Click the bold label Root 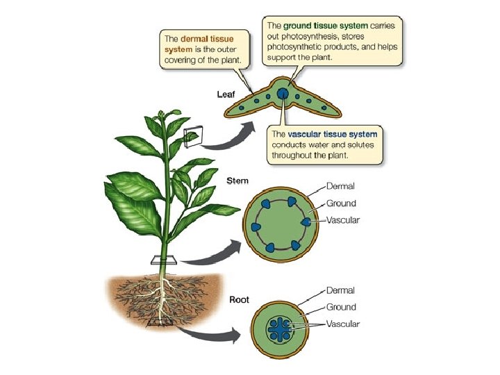point(240,301)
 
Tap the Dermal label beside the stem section point(340,186)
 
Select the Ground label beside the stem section point(341,203)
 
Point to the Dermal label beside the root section point(340,290)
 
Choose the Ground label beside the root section point(341,307)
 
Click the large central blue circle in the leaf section point(283,94)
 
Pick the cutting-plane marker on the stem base point(165,260)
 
